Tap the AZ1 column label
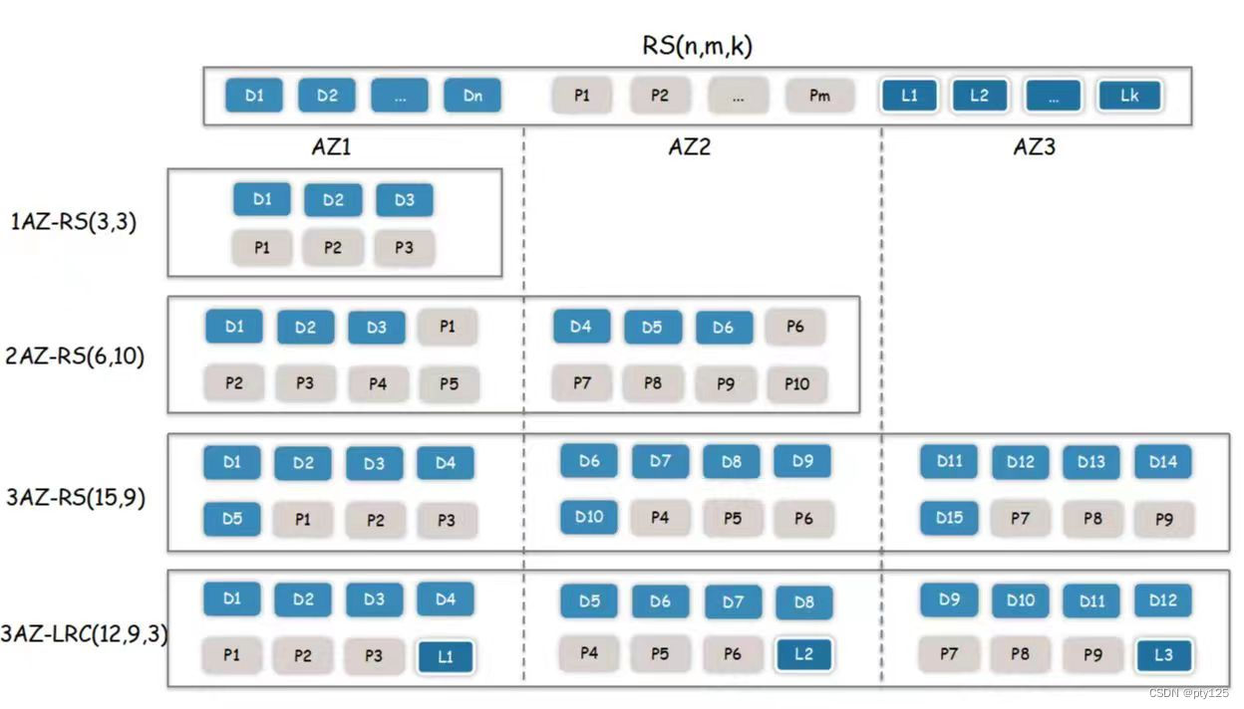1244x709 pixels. [332, 147]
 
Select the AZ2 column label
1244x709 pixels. [689, 147]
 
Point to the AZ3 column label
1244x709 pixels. [1035, 147]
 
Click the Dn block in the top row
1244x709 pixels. [472, 96]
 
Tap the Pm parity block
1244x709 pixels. [819, 96]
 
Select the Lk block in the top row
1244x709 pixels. [1128, 96]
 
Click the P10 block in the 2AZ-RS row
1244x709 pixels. [796, 383]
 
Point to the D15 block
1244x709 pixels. [949, 518]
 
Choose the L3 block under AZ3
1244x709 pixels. [1163, 655]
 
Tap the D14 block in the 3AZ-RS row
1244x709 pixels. [1163, 462]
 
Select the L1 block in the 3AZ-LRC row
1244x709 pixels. [446, 656]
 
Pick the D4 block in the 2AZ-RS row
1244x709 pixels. [581, 327]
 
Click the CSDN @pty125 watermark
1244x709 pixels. [1188, 693]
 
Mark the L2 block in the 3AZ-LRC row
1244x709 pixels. [803, 654]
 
